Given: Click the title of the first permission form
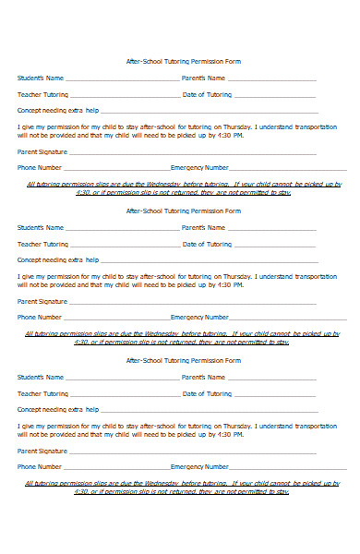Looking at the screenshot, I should point(182,61).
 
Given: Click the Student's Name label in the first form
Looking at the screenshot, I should point(41,78).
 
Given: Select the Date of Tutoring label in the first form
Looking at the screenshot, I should point(207,94).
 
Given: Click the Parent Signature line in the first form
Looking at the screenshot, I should point(194,152).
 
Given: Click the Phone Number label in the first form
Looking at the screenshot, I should point(39,168).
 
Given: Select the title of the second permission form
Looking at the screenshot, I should point(182,211).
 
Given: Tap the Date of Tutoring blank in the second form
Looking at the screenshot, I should point(274,246).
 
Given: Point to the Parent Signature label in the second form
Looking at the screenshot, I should point(42,301).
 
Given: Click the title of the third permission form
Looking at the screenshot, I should point(182,360).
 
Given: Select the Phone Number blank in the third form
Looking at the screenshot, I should point(116,468).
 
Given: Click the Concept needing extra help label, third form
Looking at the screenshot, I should point(58,408).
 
